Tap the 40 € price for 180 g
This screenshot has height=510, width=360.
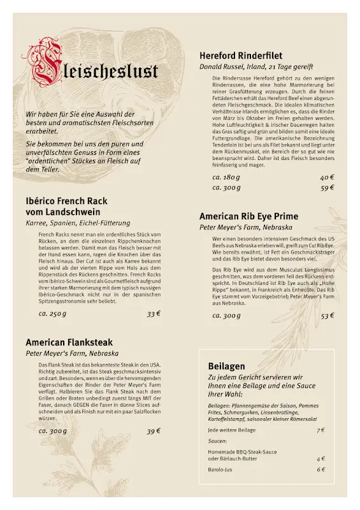(x=327, y=177)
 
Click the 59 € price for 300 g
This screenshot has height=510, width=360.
(x=327, y=188)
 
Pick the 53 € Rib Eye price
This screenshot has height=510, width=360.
(x=327, y=316)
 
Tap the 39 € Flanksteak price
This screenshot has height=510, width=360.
(x=154, y=431)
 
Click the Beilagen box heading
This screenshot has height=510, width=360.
(x=226, y=366)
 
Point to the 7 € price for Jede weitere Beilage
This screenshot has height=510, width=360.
(x=320, y=430)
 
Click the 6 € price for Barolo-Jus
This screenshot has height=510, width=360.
(x=320, y=470)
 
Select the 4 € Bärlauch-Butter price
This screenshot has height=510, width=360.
(x=320, y=458)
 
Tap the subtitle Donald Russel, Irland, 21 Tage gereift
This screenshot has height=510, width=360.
(x=256, y=66)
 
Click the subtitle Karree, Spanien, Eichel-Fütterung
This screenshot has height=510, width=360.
(x=78, y=223)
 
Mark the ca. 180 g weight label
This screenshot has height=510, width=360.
(x=226, y=177)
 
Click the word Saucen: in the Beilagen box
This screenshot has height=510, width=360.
(x=218, y=441)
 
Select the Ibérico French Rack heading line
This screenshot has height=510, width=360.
(x=66, y=201)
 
